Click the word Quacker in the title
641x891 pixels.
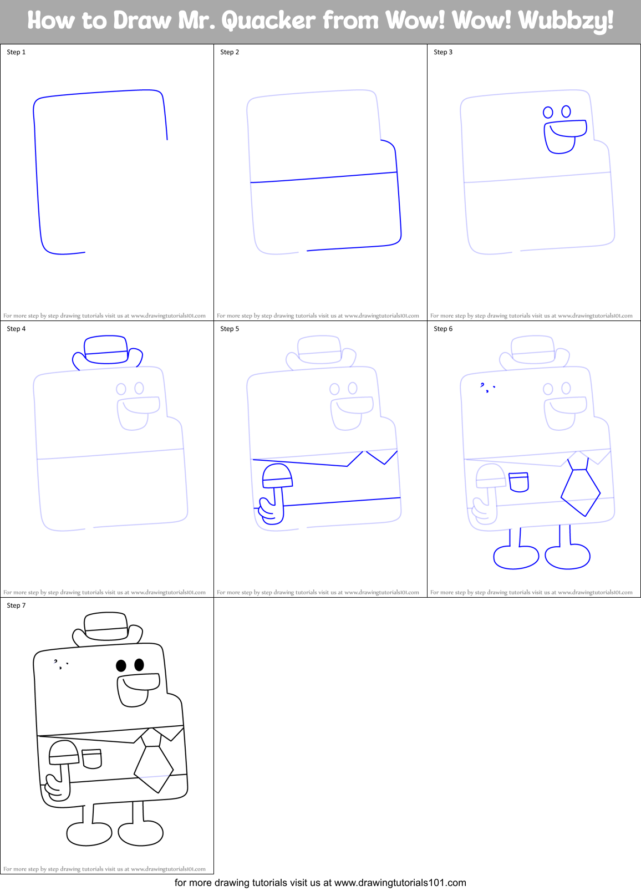(268, 21)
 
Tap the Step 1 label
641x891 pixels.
(16, 52)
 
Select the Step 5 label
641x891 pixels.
(230, 329)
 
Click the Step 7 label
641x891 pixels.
(16, 605)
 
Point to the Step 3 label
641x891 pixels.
(443, 52)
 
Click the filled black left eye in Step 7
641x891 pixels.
(121, 665)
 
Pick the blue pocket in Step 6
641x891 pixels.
(519, 481)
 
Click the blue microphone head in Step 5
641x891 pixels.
(277, 476)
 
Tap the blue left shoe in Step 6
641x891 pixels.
(515, 557)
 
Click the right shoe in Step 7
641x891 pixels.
(141, 833)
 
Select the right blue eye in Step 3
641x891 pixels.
(566, 111)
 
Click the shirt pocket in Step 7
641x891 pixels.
(92, 758)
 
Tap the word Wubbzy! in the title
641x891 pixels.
(566, 21)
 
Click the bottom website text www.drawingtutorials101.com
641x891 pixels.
(400, 883)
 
